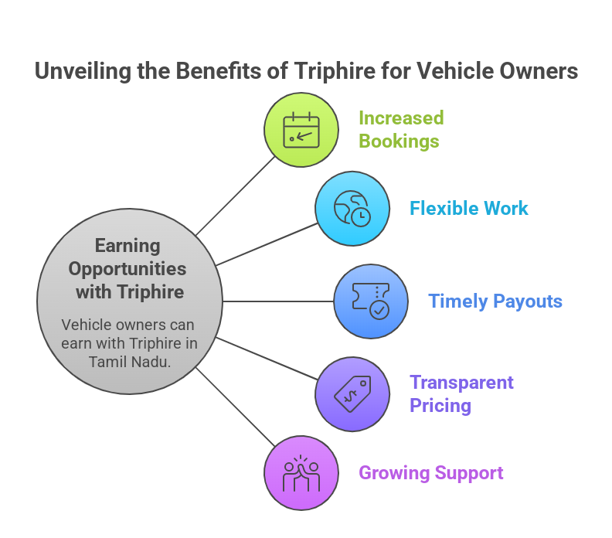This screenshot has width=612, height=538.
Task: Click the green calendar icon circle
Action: pos(301,130)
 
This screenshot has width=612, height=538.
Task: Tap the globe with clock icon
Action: pos(352,209)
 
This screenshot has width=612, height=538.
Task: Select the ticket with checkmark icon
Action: pos(370,301)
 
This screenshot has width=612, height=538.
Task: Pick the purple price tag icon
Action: pos(352,393)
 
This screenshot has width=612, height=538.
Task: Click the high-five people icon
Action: pos(301,473)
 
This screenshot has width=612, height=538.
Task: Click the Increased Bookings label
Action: pos(400,130)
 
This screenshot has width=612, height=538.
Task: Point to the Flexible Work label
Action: pos(468,209)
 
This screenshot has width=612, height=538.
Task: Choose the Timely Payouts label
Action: pos(495,301)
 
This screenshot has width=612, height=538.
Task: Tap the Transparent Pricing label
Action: pos(461,393)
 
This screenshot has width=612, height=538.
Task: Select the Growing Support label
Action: pos(431,473)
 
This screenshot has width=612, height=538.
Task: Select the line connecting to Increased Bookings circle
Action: pos(236,196)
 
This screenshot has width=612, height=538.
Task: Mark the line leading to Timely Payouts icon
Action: pos(278,301)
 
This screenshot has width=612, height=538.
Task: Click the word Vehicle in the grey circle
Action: pos(87,325)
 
